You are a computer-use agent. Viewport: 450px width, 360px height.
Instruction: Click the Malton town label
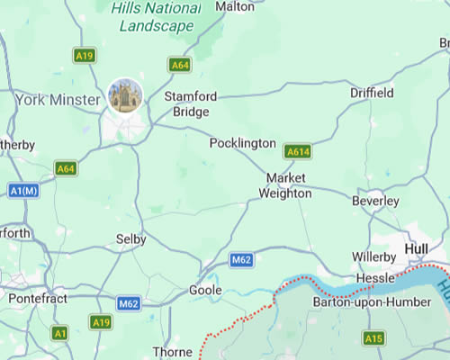coord(236,6)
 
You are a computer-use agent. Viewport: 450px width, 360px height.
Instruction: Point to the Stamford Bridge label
coord(186,103)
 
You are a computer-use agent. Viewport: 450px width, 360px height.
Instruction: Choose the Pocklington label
coord(242,143)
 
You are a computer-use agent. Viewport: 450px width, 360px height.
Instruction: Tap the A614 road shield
coord(298,151)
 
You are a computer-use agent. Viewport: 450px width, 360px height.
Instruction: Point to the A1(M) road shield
coord(24,190)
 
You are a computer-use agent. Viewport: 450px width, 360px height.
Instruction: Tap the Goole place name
coord(205,291)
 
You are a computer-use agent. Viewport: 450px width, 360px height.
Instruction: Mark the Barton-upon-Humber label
coord(360,302)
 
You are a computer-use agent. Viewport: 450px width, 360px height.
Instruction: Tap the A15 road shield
coord(373,337)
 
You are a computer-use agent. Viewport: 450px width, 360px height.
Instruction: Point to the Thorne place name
coord(172,351)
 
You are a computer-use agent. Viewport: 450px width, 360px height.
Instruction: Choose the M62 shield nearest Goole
coord(240,260)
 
